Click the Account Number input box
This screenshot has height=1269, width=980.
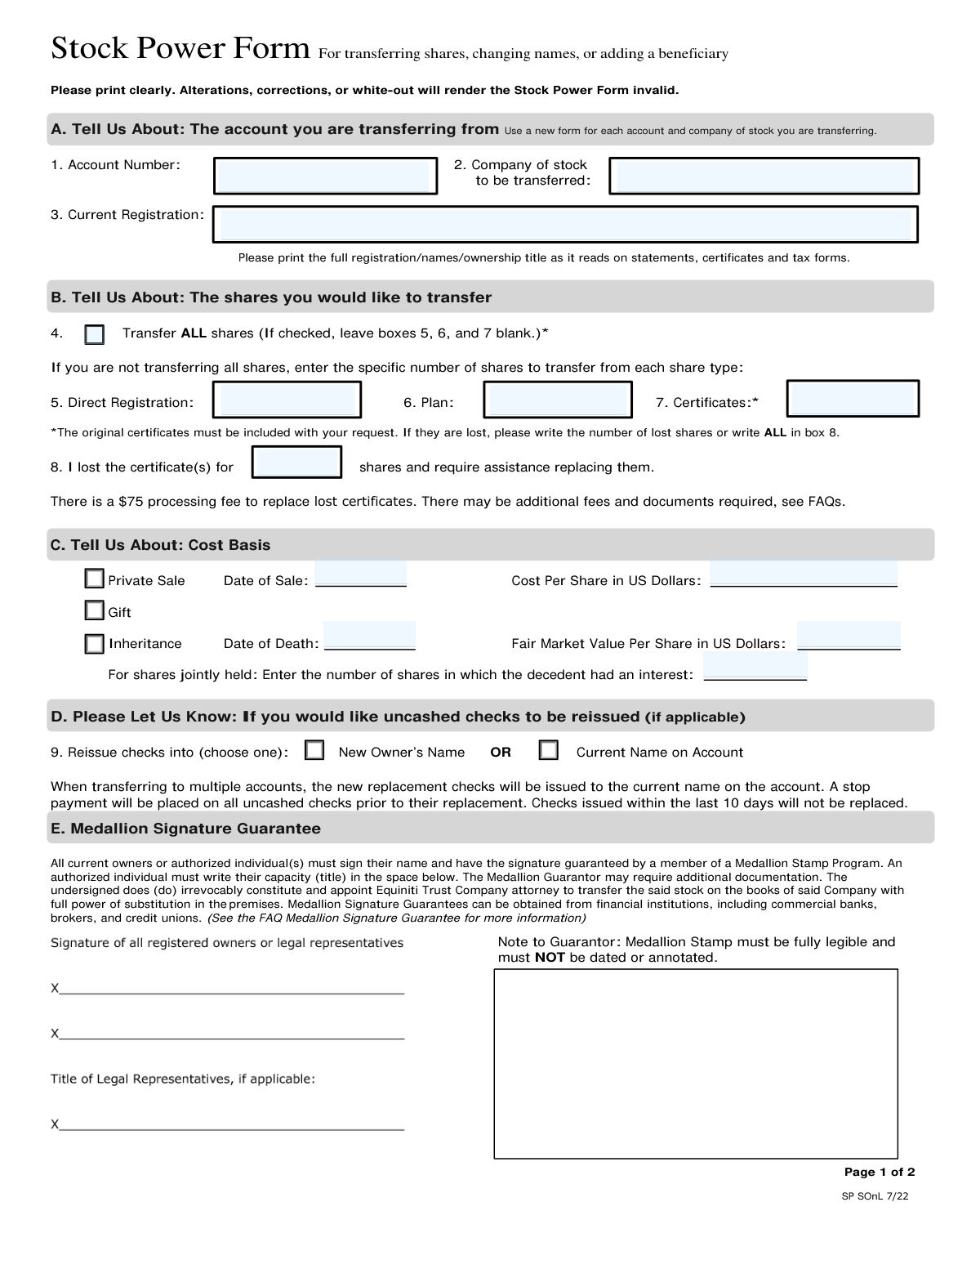[325, 176]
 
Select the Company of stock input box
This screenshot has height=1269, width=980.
[764, 176]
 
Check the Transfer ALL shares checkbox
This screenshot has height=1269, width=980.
[95, 334]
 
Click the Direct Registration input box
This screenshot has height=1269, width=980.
[287, 400]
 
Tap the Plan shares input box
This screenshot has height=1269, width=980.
[558, 400]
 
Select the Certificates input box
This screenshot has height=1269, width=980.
[853, 399]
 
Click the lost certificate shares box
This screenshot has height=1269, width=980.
[296, 462]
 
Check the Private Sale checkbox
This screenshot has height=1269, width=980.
[95, 579]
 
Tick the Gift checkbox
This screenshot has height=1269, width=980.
[95, 610]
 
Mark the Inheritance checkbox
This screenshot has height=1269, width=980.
[95, 644]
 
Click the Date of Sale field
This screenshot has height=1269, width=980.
[361, 575]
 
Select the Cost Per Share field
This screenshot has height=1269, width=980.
[804, 574]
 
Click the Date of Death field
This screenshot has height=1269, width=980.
[370, 637]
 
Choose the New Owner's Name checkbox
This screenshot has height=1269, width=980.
[314, 750]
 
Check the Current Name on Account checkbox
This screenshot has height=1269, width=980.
[549, 750]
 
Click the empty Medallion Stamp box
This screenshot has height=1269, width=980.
[696, 1063]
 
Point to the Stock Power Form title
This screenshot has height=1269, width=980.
[180, 49]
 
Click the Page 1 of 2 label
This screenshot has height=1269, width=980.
[879, 1172]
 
